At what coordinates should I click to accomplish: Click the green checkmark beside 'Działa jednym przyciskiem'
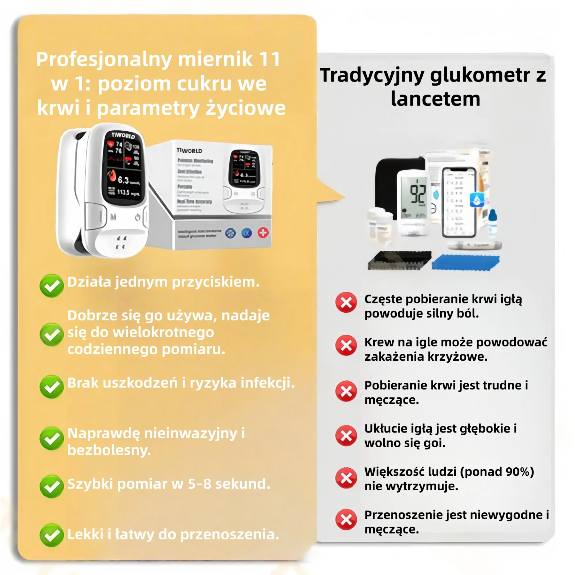click(x=51, y=285)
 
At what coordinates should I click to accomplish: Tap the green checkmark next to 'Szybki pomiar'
click(x=51, y=486)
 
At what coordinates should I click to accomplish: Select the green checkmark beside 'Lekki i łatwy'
click(x=51, y=535)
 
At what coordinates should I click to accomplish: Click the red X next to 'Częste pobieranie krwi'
click(x=346, y=302)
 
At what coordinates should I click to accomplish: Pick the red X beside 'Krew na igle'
click(x=346, y=345)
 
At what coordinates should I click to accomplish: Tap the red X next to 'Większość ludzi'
click(x=346, y=478)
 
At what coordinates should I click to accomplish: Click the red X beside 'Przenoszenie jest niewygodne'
click(x=346, y=519)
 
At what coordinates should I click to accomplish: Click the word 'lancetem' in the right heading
click(x=435, y=99)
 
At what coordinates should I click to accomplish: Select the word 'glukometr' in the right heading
click(x=480, y=75)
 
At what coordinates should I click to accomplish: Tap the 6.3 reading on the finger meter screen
click(x=123, y=180)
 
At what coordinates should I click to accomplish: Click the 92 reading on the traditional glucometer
click(x=418, y=194)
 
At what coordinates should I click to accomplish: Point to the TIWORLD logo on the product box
click(x=189, y=150)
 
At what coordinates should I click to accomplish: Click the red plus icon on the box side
click(x=263, y=233)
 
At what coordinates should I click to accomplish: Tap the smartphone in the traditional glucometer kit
click(x=459, y=203)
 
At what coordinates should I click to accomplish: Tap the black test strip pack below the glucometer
click(x=399, y=260)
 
